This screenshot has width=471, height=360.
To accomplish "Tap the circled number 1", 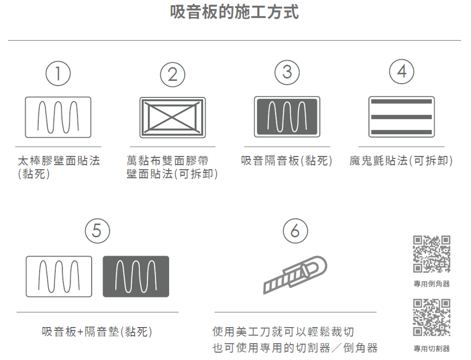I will pos(58,74).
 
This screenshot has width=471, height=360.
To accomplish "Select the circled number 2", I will pos(172,74).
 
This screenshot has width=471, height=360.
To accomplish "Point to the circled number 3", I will pos(287,72).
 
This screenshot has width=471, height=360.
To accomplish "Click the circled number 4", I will pos(402,72).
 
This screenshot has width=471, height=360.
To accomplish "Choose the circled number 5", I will pos(97,231).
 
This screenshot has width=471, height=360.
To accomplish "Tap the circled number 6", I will pos(295,231).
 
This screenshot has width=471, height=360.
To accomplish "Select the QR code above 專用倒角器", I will pos(431,254).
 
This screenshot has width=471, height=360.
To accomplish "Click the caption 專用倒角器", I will pos(431,284).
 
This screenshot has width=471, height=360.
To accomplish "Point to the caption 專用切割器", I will pos(431,349).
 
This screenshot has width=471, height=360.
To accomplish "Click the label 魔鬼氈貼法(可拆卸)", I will pos(401,161).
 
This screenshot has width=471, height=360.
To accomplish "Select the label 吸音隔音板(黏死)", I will pos(287,161).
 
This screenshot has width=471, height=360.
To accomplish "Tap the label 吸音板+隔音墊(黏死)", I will pos(97,331).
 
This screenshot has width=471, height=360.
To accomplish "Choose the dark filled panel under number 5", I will pos(136,276).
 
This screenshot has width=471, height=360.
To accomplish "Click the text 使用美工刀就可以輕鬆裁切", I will pos(283,331).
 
